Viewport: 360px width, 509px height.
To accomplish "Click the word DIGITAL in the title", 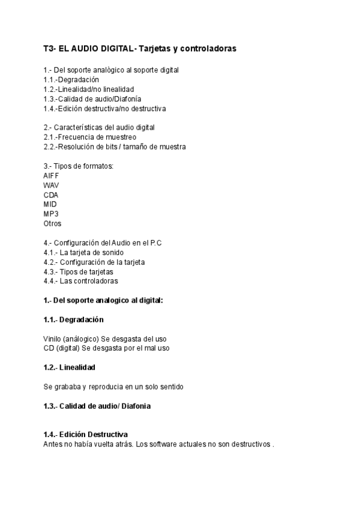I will coord(118,48).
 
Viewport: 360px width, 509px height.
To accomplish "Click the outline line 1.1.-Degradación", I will coord(71,79).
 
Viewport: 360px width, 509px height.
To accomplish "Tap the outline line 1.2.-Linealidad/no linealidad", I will coord(88,89).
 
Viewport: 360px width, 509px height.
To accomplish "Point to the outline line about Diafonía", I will coord(92,99).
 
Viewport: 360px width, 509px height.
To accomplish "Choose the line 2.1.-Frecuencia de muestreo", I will coord(85,137).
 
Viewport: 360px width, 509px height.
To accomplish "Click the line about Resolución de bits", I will coord(115,146).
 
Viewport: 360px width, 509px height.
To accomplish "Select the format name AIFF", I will coord(52,175).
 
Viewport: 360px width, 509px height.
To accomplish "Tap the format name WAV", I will coord(52,185).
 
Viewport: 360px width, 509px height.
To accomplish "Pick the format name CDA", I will coord(51,194).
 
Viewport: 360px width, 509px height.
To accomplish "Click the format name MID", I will coord(50,204).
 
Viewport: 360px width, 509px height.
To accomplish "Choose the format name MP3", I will coord(51,214).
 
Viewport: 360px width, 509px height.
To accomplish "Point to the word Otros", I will coord(52,223).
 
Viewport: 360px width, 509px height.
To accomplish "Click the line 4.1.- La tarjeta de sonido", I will coord(83,252).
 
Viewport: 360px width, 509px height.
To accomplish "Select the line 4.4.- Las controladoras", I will coord(81,281).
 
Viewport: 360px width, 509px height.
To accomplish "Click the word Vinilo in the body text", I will coord(52,339).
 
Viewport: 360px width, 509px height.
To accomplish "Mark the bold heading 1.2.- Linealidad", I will coord(70,367).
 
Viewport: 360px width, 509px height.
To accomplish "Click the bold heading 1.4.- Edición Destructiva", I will coord(85,435).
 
